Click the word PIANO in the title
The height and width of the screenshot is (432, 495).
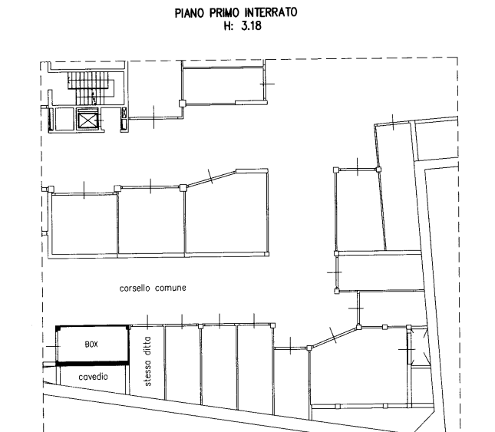pos(189,14)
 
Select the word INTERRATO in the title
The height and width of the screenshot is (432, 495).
pos(271,12)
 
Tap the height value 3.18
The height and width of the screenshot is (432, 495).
pos(251,25)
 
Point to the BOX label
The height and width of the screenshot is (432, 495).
pos(91,345)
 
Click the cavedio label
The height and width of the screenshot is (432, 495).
pos(93,377)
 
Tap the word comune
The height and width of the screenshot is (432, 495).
pos(170,288)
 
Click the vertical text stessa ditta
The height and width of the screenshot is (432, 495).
pos(148,361)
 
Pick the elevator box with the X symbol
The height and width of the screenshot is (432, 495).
pos(88,120)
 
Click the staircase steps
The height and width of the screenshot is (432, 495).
pos(90,88)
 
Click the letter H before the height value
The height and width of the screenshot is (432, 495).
pos(227,26)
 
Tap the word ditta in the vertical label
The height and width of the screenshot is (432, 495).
pos(148,347)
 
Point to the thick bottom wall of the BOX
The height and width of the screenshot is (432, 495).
pos(93,364)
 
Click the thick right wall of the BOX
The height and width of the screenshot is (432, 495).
pos(128,345)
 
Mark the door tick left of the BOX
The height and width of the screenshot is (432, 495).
pos(53,347)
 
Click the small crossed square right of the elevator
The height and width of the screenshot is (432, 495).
pos(124,113)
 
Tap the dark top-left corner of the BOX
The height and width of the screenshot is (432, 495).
pos(58,328)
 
